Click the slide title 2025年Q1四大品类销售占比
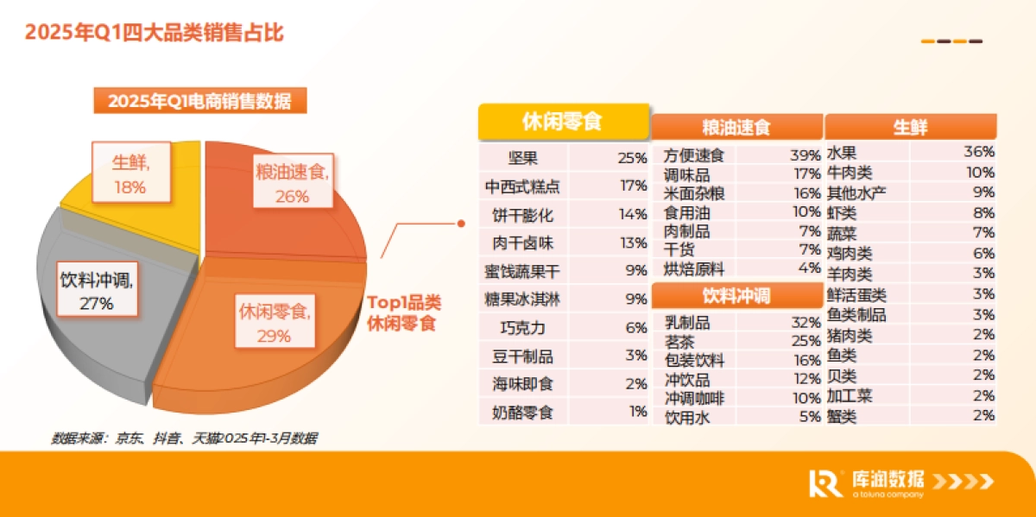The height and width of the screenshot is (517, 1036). pos(154,33)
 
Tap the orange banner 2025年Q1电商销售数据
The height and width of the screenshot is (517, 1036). pos(199,101)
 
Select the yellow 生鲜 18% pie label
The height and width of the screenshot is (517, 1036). pos(129,173)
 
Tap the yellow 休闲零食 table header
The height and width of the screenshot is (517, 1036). pos(562,122)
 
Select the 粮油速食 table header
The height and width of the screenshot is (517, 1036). pos(736,128)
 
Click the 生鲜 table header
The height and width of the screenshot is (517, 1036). pos(910,128)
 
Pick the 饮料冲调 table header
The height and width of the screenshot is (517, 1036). pos(736,296)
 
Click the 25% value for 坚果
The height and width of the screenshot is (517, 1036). pos(632,158)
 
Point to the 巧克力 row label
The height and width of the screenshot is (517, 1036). pos(524,328)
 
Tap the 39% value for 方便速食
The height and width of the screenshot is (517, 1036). pos(805,155)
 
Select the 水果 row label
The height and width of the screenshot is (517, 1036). pos(842,153)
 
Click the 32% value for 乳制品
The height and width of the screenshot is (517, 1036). pos(805,323)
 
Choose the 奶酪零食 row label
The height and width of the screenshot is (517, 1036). pos(524,412)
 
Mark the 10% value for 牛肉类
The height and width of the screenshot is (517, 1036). pos(980,173)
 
